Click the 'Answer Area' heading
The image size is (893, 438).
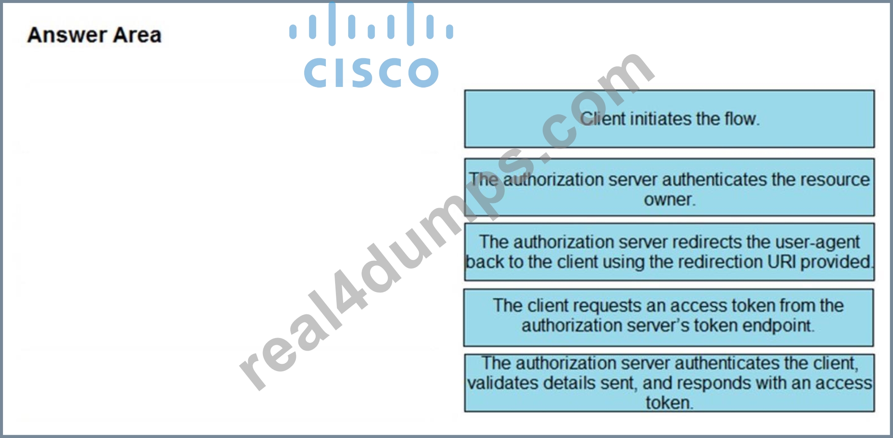(x=94, y=35)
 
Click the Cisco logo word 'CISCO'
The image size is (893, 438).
(x=371, y=73)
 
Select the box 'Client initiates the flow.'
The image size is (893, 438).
(x=669, y=119)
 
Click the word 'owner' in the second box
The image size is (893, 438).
(x=668, y=200)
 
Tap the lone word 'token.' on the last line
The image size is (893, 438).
(x=669, y=403)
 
